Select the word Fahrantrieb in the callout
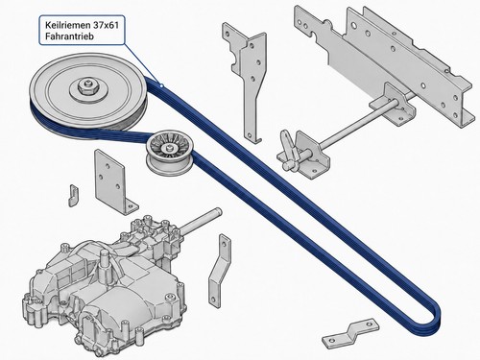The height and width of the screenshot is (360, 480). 69,36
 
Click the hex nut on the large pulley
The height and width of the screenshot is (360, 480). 86,85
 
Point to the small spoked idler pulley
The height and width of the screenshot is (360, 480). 169,155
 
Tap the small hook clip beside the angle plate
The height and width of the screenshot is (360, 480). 73,195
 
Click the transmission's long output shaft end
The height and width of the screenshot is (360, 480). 218,211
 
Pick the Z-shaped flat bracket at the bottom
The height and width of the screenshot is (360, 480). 350,333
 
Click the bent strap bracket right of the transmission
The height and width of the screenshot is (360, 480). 219,272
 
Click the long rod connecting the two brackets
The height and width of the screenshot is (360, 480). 358,125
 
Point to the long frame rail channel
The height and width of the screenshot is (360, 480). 384,64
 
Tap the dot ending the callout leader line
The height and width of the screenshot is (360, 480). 161,85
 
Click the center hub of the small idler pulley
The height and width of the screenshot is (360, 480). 168,148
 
